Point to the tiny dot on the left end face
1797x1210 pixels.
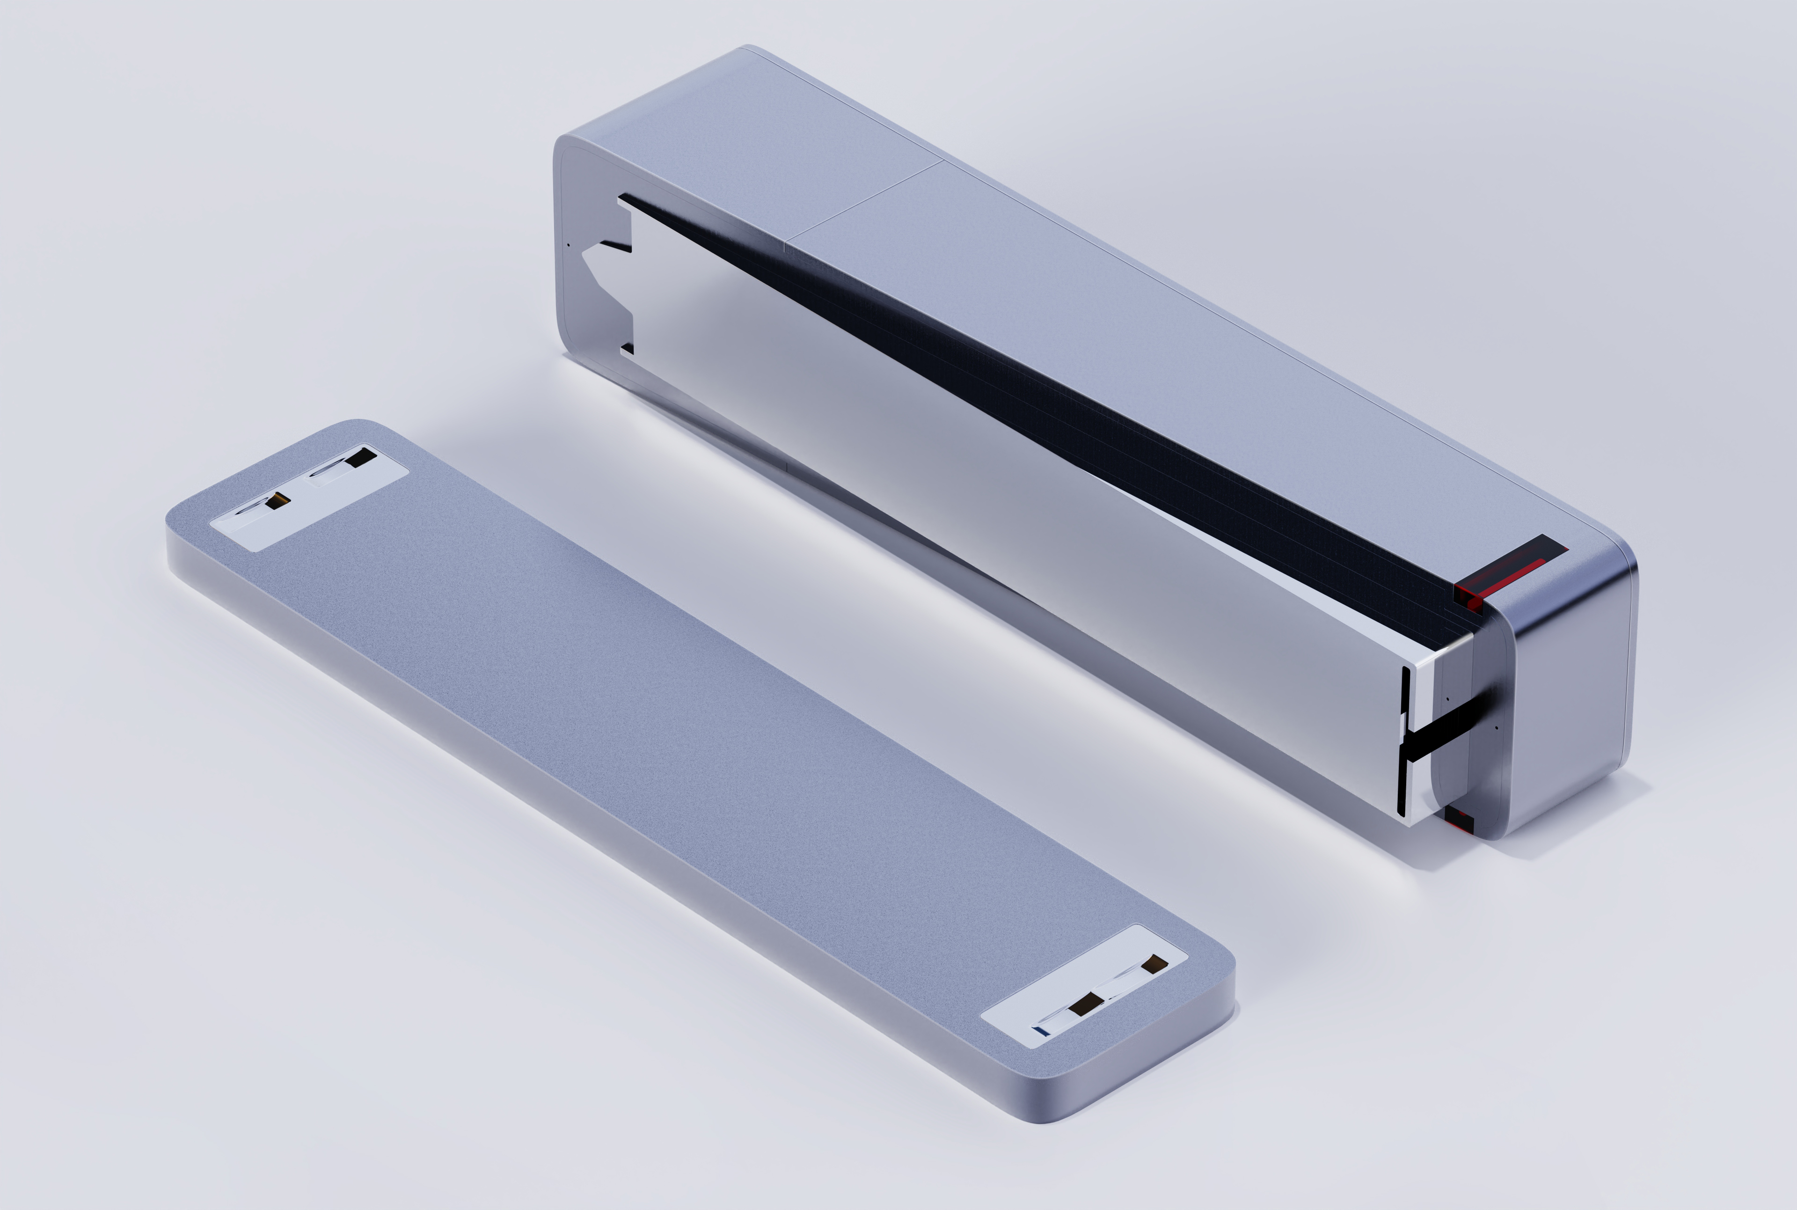pyautogui.click(x=569, y=245)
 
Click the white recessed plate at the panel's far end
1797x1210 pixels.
pyautogui.click(x=309, y=498)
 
